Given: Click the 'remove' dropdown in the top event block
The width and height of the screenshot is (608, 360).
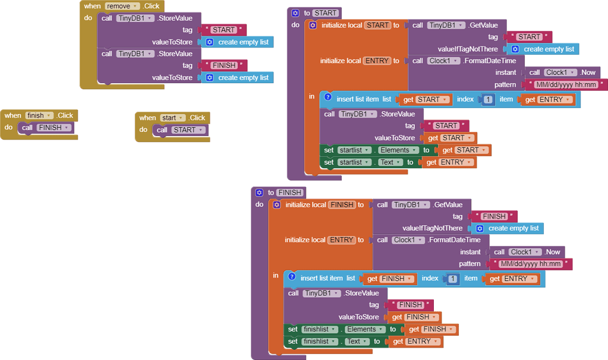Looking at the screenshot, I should (x=121, y=6).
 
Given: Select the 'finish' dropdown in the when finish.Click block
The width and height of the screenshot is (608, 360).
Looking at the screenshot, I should (x=39, y=115).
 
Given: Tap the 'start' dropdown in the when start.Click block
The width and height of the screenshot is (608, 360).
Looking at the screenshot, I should (x=173, y=118).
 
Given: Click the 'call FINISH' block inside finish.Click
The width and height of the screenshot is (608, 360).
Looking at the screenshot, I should (x=46, y=128).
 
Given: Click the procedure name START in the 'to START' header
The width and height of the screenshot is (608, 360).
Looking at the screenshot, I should (x=325, y=12).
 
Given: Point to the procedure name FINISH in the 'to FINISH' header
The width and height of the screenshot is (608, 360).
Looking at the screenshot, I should (x=289, y=192).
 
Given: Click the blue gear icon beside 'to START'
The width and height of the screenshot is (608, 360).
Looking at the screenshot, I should (x=295, y=12).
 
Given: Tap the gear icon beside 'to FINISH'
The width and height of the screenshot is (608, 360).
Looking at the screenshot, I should (x=259, y=192).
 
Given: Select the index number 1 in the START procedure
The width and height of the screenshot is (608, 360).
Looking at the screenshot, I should (x=488, y=100).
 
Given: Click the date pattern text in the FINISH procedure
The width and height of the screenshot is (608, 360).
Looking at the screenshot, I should (x=531, y=264).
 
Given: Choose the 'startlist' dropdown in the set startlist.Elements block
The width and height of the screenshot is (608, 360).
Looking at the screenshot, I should (x=354, y=150).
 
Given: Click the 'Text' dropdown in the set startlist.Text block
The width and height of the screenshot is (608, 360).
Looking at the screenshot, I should (x=389, y=162).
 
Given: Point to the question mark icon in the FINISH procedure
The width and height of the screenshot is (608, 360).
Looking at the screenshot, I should (x=291, y=277).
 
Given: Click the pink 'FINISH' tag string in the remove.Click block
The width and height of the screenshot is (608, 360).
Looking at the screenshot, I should (x=225, y=65).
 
